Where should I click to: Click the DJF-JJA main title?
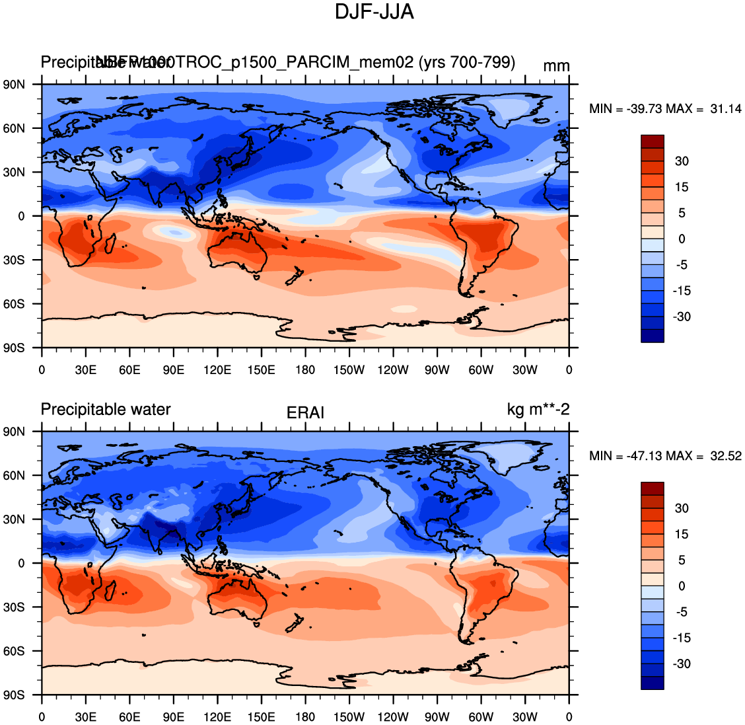click(x=374, y=12)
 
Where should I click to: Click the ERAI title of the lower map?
click(x=305, y=413)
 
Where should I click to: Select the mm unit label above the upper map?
click(x=556, y=66)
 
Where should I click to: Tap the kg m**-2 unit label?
click(x=538, y=410)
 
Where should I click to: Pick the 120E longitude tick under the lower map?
click(x=217, y=717)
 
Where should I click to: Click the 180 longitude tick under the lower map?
click(x=305, y=717)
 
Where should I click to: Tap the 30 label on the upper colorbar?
click(x=682, y=161)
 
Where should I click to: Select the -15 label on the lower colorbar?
click(x=682, y=638)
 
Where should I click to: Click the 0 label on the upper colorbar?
click(x=682, y=239)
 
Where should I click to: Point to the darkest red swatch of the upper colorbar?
click(x=652, y=141)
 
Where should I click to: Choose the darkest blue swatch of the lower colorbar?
click(x=652, y=683)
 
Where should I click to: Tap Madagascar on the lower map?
click(x=111, y=590)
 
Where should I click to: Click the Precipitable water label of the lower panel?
click(x=106, y=410)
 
